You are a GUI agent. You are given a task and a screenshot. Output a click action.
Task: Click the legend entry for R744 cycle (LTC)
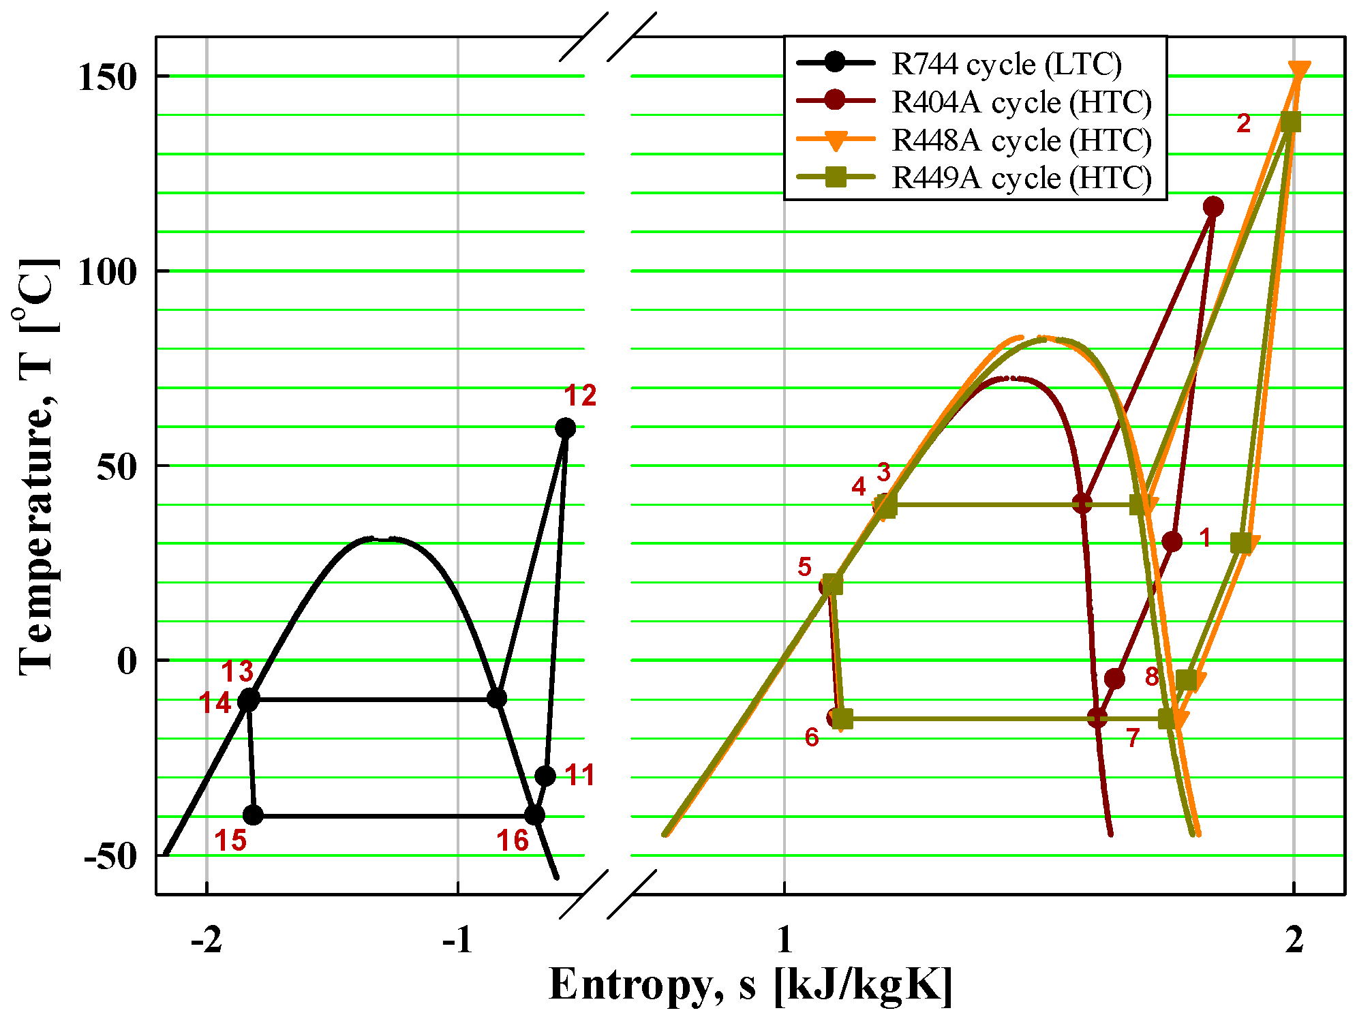pos(1006,64)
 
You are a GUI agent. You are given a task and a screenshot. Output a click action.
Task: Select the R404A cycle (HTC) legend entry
pos(1021,102)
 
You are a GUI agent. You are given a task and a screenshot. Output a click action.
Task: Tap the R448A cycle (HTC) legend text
pos(1021,140)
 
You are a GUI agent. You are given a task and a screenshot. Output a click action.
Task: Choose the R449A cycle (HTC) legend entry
pos(1021,178)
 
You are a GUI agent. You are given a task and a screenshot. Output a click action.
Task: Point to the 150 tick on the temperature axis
pos(108,76)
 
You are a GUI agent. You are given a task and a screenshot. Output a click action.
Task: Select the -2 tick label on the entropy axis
pos(206,941)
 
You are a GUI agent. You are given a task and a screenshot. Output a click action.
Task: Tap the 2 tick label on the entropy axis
pos(1294,941)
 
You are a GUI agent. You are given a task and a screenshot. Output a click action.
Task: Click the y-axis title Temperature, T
pos(37,467)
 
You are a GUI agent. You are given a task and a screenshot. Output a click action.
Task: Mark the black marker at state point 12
pos(565,428)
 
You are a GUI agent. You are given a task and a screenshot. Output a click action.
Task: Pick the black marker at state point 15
pos(253,815)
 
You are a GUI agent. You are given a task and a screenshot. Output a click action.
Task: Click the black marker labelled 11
pos(545,776)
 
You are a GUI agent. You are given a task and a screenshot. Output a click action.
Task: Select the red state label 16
pos(513,840)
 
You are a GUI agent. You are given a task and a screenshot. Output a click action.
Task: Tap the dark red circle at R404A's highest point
pos(1213,207)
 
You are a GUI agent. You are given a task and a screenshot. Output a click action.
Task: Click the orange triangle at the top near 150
pos(1299,71)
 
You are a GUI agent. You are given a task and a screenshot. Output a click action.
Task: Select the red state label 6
pos(811,737)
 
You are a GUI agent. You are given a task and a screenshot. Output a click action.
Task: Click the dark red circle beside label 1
pos(1172,542)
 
